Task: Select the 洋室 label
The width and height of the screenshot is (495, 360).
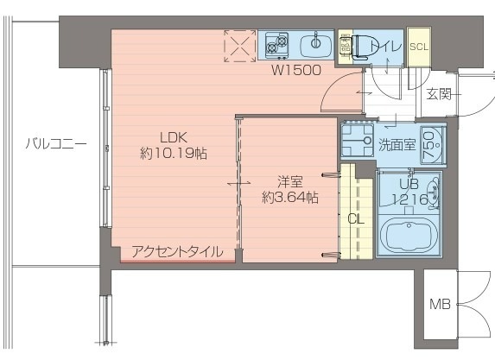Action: click(x=289, y=181)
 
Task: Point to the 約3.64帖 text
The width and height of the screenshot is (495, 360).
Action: click(x=290, y=198)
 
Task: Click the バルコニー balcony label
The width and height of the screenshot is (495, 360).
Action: click(x=55, y=143)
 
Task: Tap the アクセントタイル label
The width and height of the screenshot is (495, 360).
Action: click(x=177, y=252)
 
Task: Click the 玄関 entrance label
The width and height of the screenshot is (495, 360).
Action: click(x=438, y=94)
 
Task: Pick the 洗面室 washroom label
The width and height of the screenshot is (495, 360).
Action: click(x=397, y=145)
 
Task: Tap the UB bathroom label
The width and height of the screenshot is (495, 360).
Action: click(x=409, y=183)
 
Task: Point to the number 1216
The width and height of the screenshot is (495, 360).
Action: click(x=409, y=199)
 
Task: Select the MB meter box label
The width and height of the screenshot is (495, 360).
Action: click(x=439, y=304)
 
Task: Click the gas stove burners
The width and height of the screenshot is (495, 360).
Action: click(x=276, y=43)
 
